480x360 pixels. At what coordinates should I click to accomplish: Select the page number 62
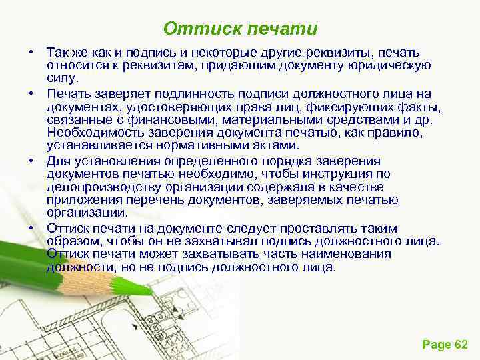461,344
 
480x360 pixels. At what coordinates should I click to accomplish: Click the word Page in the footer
437,344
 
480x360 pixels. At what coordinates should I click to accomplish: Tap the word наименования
351,254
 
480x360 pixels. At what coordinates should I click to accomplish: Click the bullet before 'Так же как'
31,52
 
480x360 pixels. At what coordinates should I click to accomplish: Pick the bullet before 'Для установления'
31,161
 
